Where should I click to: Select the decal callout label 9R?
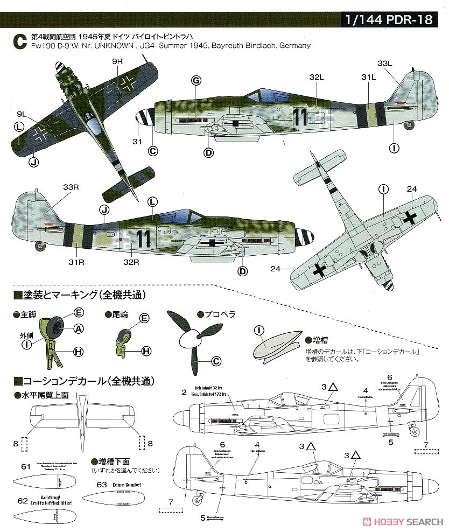click(x=117, y=63)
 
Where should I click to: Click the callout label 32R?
click(x=132, y=262)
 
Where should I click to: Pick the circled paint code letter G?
click(x=196, y=81)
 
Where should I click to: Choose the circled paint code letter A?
click(x=79, y=328)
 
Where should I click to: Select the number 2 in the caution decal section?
click(x=184, y=391)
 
